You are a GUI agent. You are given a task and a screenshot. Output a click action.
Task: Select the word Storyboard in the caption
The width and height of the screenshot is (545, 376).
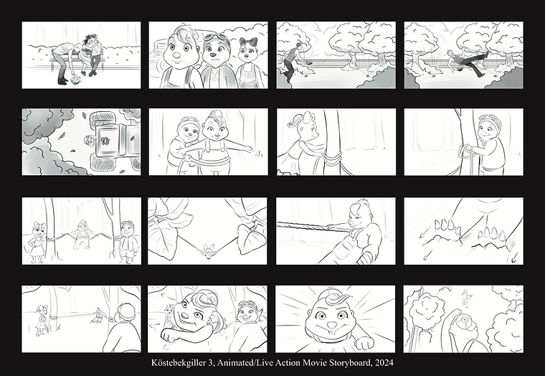[350, 363]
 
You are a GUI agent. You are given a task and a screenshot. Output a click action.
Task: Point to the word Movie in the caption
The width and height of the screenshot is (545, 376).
[315, 363]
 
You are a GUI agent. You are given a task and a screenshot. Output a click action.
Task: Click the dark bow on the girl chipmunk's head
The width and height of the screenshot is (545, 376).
[248, 42]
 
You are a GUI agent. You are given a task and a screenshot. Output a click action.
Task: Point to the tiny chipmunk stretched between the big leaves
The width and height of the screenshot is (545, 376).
[208, 250]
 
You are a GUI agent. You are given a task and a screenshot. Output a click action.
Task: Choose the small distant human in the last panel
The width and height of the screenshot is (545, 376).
[465, 299]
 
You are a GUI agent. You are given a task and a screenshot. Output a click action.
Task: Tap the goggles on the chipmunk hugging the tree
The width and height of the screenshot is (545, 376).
[488, 118]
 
